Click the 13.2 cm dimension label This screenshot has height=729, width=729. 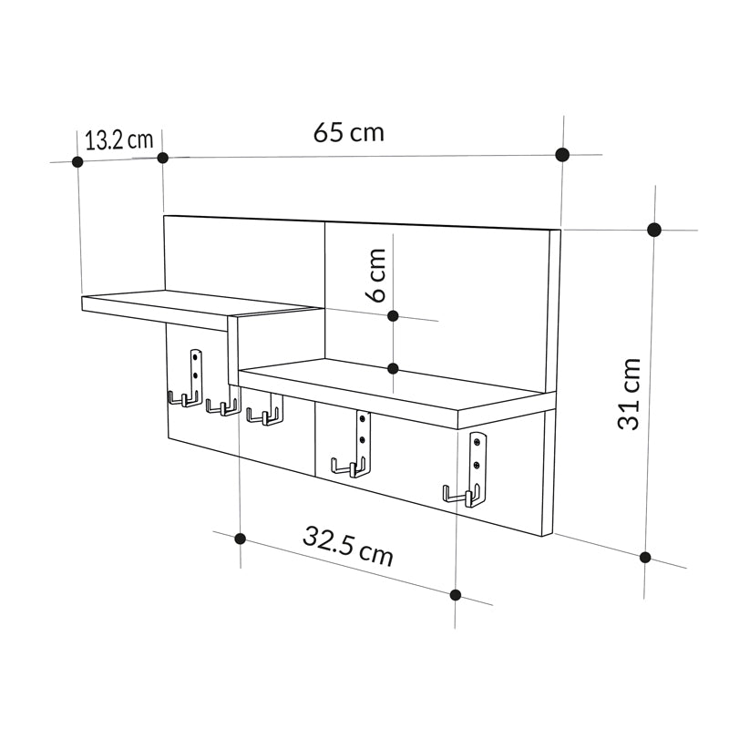click(118, 140)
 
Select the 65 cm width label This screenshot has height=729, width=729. click(349, 133)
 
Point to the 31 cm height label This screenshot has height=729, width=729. click(630, 394)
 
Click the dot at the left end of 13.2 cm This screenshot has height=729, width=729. click(77, 161)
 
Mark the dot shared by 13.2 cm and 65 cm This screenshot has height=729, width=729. click(163, 158)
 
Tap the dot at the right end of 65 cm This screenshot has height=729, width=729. click(562, 154)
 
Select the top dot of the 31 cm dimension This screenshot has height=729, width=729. click(653, 230)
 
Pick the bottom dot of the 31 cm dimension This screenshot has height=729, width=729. click(645, 557)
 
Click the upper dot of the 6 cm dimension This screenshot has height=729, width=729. click(393, 316)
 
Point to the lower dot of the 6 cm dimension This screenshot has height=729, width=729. click(393, 368)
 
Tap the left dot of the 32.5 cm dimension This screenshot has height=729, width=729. click(240, 539)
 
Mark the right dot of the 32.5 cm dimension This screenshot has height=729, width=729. click(456, 595)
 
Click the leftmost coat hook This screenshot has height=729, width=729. click(185, 398)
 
